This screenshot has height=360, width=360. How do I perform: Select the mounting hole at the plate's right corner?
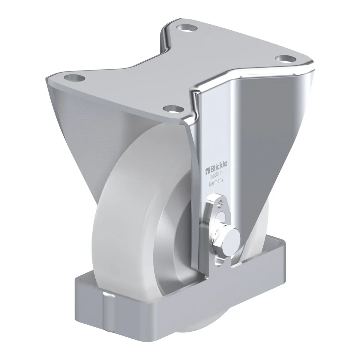[x=286, y=59]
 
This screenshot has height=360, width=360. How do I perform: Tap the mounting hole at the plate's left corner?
[x=74, y=77]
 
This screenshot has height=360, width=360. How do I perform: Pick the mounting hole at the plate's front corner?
[x=173, y=109]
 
